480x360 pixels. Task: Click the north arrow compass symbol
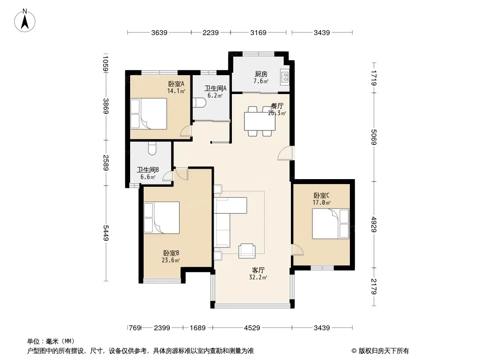point(25,21)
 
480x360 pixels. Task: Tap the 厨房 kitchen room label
point(261,74)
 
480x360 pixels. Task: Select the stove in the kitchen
point(285,76)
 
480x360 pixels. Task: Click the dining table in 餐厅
point(260,121)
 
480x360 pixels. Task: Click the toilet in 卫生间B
point(152,148)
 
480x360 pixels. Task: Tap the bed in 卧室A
point(149,113)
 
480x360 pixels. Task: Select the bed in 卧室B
point(162,218)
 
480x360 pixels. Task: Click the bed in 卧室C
point(331,224)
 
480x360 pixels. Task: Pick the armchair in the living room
point(247,251)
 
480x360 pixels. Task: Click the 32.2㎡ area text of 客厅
point(258,278)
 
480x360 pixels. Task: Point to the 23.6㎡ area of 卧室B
point(171,260)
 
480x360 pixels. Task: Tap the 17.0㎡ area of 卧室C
point(322,202)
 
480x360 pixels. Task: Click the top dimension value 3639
point(159,32)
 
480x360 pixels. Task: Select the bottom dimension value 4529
point(252,328)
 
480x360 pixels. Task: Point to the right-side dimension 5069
point(373,137)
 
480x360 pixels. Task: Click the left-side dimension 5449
point(106,233)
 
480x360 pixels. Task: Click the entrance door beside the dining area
point(285,153)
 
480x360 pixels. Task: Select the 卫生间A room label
point(215,88)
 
